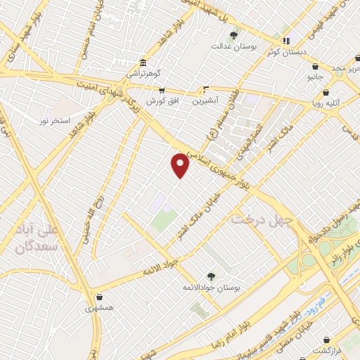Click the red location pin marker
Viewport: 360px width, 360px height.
(x=181, y=166)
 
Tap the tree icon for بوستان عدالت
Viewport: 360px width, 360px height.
(x=234, y=35)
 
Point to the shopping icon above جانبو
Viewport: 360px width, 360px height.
(x=315, y=67)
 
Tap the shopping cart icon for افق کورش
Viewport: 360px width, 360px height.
(x=162, y=90)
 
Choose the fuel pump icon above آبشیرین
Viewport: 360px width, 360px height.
(x=206, y=89)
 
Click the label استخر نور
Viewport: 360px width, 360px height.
(x=55, y=120)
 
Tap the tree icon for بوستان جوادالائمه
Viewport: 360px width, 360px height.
(x=211, y=276)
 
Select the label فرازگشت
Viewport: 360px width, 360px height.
(x=327, y=349)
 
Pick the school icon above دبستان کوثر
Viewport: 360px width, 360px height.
(x=285, y=41)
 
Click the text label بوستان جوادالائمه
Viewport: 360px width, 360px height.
(x=208, y=288)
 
